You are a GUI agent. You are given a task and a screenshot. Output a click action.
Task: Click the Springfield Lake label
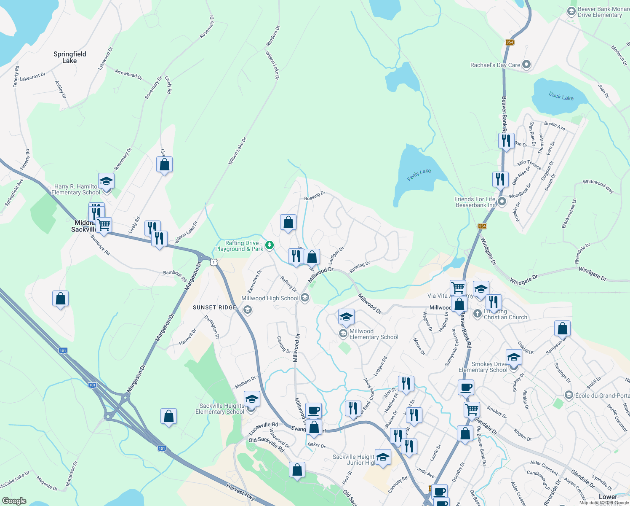(x=70, y=57)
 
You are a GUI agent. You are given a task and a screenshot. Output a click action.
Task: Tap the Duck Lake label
(x=561, y=97)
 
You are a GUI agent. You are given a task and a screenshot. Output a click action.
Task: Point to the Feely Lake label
(x=419, y=175)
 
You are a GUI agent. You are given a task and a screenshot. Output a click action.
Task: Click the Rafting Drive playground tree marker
(x=270, y=245)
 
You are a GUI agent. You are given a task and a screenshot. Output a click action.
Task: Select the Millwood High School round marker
(x=305, y=298)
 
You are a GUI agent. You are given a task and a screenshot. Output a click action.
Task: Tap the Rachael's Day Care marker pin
(x=526, y=65)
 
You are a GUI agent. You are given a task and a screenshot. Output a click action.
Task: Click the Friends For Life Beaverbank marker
(x=502, y=202)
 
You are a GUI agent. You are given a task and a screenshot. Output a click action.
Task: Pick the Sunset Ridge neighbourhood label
(x=215, y=307)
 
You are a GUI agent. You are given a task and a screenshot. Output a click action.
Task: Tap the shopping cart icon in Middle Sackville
(x=104, y=225)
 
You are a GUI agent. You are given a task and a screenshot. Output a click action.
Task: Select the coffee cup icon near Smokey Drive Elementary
(x=466, y=387)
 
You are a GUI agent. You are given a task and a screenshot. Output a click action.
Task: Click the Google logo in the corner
(x=14, y=501)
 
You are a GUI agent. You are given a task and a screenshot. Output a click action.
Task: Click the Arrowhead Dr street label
(x=128, y=74)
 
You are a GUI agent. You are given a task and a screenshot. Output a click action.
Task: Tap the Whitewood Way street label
(x=598, y=186)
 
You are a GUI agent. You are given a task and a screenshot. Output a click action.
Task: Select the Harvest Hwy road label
(x=240, y=492)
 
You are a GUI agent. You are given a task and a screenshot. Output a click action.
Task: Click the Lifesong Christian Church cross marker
(x=477, y=313)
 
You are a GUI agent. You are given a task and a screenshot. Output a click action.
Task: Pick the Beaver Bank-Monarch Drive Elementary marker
(x=571, y=11)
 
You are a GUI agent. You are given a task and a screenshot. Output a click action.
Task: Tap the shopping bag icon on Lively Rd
(x=164, y=164)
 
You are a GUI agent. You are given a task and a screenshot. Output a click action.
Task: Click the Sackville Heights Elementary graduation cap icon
(x=251, y=399)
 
